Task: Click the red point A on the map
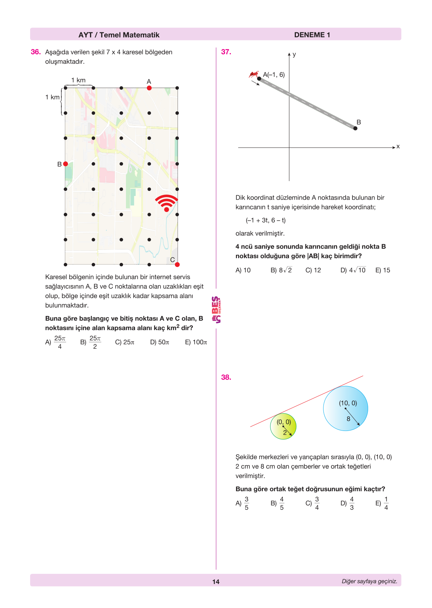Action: pos(149,88)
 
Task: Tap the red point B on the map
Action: pos(66,164)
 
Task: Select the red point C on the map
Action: pos(177,264)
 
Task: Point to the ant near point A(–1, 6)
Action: pos(253,75)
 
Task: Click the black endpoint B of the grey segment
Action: pos(355,128)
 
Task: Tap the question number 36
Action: pos(36,52)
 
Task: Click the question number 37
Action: pos(226,52)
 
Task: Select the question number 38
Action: pos(226,377)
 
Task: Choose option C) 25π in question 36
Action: pos(125,342)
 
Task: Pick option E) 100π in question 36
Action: pos(196,342)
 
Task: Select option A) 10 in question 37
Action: pos(243,270)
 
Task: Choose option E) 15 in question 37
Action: pos(383,270)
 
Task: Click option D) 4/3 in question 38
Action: pos(347,503)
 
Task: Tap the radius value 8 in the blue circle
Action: pos(349,419)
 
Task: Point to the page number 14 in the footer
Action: pos(216,582)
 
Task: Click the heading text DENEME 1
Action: pos(312,35)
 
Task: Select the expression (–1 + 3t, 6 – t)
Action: pos(266,220)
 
